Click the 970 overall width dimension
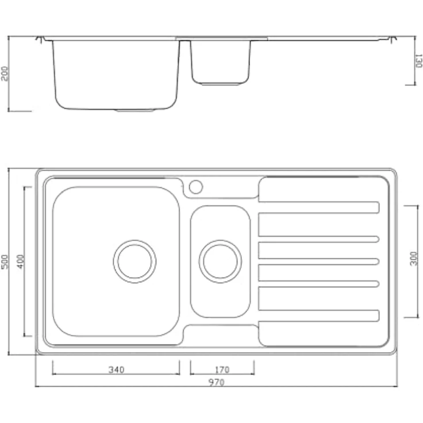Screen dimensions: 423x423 point(216,382)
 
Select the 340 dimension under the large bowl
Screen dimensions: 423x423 point(117,370)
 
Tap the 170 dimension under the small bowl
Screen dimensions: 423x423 point(222,370)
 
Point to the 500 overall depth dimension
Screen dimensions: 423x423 point(5,262)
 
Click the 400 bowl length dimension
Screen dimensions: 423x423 point(21,262)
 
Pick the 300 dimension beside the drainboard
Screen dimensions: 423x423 point(414,259)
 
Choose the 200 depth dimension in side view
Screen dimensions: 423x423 point(5,74)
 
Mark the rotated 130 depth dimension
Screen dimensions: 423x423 point(418,61)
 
